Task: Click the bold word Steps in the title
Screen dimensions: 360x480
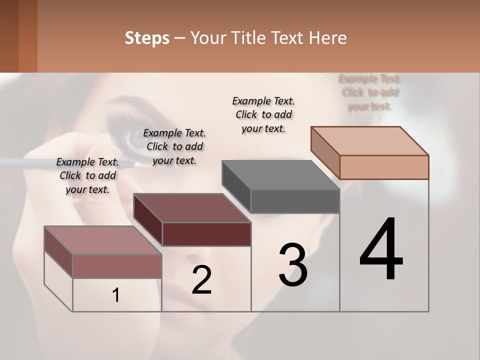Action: [147, 38]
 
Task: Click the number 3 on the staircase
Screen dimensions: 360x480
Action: [293, 265]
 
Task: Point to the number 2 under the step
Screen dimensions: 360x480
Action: [201, 280]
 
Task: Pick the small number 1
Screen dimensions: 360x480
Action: [116, 295]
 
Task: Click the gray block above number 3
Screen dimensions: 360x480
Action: [294, 201]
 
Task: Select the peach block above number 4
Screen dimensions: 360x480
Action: [383, 166]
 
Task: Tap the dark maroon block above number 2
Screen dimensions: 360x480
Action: [206, 233]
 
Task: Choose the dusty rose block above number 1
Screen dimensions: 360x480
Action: [116, 265]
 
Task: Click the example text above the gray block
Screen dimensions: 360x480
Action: [263, 114]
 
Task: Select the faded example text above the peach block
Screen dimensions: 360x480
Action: [369, 92]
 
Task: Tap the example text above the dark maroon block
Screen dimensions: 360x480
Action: [174, 146]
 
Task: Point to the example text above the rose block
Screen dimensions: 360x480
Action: [87, 175]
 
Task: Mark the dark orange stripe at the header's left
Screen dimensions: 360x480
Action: [27, 36]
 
